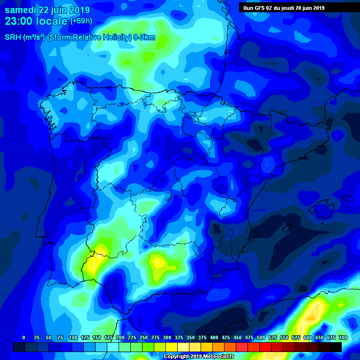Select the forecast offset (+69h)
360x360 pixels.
(x=81, y=21)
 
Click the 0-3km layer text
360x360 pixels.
(x=143, y=37)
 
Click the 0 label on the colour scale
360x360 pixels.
(x=23, y=337)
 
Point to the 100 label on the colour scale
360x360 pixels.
(x=73, y=337)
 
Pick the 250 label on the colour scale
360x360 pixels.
(x=143, y=337)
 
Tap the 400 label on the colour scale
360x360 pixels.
(x=214, y=337)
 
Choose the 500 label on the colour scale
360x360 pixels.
(x=261, y=337)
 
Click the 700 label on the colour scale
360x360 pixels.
(x=343, y=337)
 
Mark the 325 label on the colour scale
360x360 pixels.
(x=179, y=337)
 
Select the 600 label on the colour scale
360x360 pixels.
(x=307, y=337)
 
